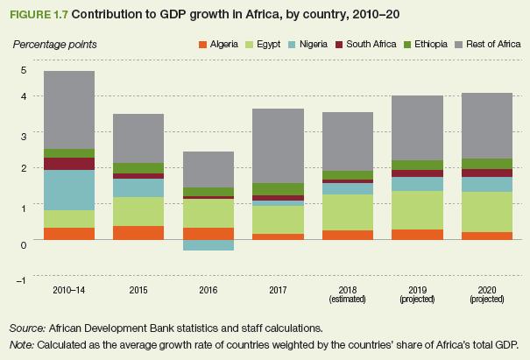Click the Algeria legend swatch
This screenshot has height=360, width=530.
202,44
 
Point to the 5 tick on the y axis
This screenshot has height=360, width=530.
24,70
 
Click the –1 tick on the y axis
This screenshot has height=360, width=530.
22,279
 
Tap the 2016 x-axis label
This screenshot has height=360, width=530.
208,289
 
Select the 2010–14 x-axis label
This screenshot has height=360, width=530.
69,289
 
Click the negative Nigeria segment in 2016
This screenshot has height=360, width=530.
208,244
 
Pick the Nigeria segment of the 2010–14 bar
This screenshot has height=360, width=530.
69,190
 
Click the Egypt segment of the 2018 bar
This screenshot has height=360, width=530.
348,213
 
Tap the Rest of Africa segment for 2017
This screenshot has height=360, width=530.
279,145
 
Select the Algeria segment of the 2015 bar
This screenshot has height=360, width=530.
139,232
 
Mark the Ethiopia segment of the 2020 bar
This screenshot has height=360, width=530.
487,164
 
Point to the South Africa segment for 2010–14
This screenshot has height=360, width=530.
69,164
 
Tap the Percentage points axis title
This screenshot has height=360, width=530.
54,44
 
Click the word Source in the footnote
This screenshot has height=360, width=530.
27,328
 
